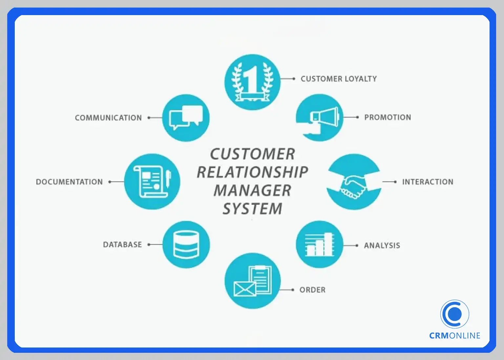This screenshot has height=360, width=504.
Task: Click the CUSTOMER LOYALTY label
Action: click(339, 79)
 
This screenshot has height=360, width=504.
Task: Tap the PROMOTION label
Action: click(388, 117)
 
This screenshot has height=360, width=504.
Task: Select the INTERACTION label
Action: click(428, 182)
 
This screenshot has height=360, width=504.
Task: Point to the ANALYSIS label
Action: click(382, 245)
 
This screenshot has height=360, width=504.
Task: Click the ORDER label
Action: click(312, 290)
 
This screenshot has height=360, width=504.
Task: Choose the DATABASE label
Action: click(122, 244)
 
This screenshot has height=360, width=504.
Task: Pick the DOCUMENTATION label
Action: click(69, 182)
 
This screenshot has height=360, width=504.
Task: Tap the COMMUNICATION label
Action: click(108, 118)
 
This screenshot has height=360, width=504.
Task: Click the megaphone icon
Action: click(324, 117)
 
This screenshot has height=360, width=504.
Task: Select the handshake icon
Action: click(354, 187)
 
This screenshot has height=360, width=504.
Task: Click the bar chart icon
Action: click(320, 244)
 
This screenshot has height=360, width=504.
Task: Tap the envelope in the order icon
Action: click(244, 289)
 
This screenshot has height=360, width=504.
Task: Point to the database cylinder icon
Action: click(186, 244)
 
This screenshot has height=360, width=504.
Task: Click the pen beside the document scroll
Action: click(168, 179)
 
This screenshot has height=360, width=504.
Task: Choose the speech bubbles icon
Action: click(186, 117)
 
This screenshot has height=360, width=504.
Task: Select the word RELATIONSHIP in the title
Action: click(252, 172)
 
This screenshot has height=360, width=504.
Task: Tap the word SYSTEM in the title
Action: click(252, 209)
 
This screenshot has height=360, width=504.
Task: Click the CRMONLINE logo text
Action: click(455, 336)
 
